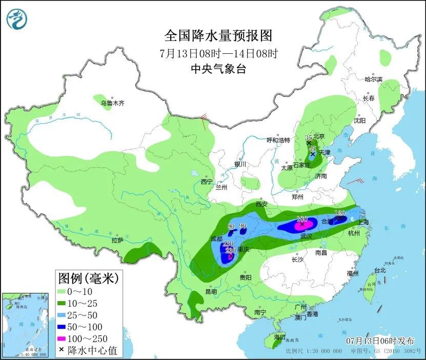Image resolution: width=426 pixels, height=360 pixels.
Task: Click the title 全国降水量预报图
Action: [x=218, y=36]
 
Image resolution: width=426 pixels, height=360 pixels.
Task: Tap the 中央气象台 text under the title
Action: [x=218, y=69]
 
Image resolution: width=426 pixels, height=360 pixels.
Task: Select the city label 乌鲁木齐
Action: [x=112, y=103]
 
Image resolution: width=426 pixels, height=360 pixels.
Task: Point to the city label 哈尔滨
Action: [x=373, y=79]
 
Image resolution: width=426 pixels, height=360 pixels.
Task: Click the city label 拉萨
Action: [x=117, y=240]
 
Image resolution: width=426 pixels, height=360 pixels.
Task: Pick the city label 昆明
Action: [x=211, y=291]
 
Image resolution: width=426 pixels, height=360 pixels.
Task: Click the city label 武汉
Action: [x=306, y=236]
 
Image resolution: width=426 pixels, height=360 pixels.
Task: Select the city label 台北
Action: [x=379, y=270]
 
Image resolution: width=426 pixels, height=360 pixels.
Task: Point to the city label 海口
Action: [x=279, y=337]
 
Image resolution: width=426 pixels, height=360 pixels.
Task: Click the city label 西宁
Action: [x=207, y=182]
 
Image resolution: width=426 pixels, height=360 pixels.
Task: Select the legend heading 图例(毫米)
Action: [x=88, y=279]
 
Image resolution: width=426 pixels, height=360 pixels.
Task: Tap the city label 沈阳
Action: [x=359, y=121]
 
